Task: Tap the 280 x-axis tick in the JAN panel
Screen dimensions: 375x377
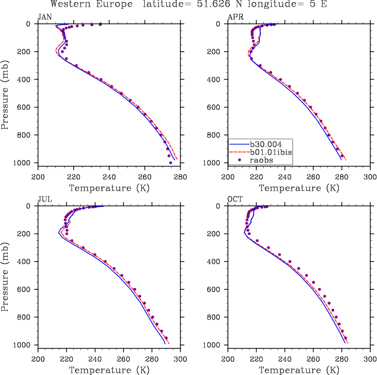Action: click(x=180, y=177)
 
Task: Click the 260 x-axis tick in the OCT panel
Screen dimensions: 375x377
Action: click(x=313, y=359)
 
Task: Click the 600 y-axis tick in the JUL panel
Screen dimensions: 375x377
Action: click(x=27, y=290)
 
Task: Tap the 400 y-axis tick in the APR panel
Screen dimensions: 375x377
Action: click(x=218, y=79)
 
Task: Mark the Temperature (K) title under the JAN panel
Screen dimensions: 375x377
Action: click(x=109, y=188)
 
